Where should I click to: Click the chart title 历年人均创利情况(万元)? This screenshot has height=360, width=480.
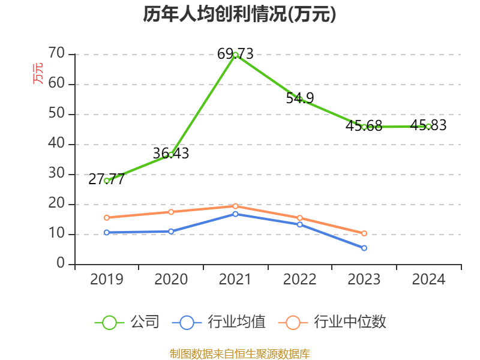239,14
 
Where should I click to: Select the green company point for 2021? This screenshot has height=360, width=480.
236,55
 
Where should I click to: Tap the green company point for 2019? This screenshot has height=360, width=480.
107,181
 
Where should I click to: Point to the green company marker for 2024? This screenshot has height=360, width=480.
428,126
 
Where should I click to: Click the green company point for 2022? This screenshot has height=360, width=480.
300,99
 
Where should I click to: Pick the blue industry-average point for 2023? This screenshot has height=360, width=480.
364,248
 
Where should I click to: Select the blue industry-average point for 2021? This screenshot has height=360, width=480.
236,214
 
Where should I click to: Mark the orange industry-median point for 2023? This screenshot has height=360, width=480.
364,233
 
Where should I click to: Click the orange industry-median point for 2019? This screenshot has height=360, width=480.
107,217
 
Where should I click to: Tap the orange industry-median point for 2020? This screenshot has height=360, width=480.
171,212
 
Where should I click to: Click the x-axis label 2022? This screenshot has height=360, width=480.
300,280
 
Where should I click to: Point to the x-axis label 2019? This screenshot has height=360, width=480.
107,280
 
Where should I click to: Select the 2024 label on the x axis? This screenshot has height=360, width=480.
428,280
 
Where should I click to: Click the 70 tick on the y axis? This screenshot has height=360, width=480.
57,54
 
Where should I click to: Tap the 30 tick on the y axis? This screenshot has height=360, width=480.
57,174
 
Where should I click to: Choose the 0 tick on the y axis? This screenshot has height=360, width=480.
61,264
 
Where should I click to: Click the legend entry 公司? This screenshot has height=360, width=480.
128,322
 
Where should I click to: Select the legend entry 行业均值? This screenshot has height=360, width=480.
220,322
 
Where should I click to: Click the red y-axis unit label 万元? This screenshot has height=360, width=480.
38,73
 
